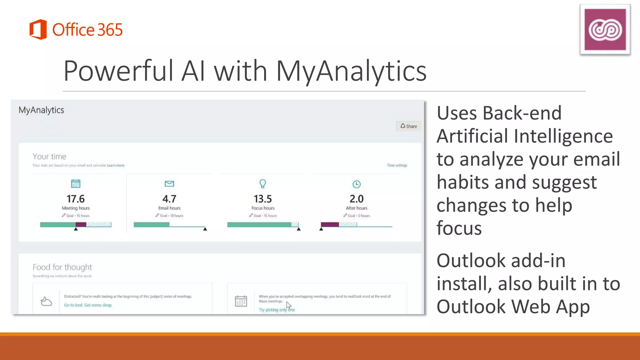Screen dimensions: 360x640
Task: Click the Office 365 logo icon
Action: (x=38, y=29)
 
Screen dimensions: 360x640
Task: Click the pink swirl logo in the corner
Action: (x=605, y=29)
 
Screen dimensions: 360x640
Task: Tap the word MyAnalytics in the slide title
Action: (x=351, y=71)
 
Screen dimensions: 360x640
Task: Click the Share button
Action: (x=409, y=126)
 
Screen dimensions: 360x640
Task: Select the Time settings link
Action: (x=397, y=165)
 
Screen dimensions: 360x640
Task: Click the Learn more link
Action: (x=116, y=165)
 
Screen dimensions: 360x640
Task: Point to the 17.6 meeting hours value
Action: (x=76, y=199)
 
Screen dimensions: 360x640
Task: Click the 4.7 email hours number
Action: (x=169, y=199)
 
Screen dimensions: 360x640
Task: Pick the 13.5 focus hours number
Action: (x=262, y=199)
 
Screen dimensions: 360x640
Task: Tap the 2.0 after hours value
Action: (x=356, y=199)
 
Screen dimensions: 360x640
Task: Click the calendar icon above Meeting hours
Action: (x=76, y=184)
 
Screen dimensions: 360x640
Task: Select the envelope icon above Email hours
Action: (x=169, y=184)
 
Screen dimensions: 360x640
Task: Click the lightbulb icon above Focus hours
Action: (x=262, y=184)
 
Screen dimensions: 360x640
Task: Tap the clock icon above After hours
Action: (x=356, y=184)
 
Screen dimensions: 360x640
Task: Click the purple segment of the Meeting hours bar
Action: (x=81, y=224)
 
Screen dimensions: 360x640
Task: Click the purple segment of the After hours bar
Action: (x=330, y=224)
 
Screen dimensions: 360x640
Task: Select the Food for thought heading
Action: (x=62, y=267)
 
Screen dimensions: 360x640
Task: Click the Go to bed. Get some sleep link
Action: (x=88, y=305)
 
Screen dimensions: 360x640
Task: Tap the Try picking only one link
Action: (x=276, y=310)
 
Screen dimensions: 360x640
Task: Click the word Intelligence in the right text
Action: (x=563, y=136)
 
